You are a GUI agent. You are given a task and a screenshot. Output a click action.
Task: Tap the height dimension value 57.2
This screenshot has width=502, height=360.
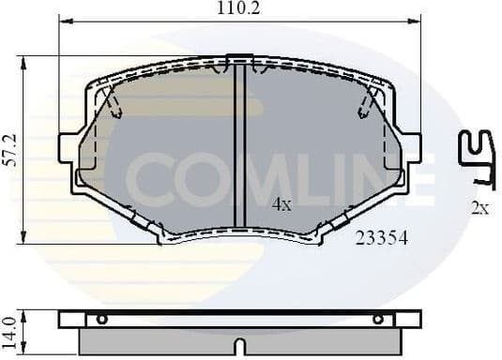[9, 149]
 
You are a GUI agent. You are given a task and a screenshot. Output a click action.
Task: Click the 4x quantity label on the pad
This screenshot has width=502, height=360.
[281, 203]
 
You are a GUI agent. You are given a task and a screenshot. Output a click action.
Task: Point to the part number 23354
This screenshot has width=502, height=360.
[381, 238]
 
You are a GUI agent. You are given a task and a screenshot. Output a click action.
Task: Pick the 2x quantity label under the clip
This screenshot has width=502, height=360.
[479, 208]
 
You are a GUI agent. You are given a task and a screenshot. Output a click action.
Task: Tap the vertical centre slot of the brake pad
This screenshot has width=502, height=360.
[239, 145]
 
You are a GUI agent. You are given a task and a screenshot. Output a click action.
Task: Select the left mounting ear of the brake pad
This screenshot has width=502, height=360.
[68, 148]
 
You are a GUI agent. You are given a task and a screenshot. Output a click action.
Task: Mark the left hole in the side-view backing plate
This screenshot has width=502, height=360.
[101, 320]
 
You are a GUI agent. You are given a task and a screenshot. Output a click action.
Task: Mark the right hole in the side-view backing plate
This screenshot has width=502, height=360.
[378, 320]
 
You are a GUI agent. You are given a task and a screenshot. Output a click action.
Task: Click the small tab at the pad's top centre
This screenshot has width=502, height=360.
[240, 58]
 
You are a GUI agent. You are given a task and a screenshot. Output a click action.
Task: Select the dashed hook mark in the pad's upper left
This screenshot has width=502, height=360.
[112, 101]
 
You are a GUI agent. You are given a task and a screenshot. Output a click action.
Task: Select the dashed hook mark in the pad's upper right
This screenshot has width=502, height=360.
[368, 101]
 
